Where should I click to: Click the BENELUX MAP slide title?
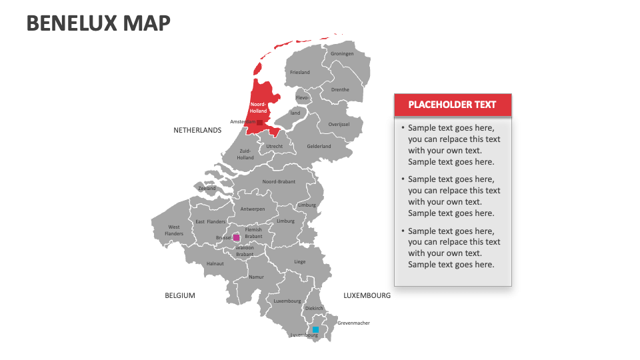pyautogui.click(x=99, y=23)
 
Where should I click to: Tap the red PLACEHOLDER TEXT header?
pyautogui.click(x=452, y=105)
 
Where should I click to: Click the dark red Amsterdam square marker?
pyautogui.click(x=259, y=123)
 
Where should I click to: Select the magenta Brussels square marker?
pyautogui.click(x=236, y=237)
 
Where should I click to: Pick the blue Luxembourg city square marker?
pyautogui.click(x=315, y=329)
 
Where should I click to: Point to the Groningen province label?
pyautogui.click(x=341, y=54)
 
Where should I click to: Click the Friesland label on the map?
pyautogui.click(x=300, y=72)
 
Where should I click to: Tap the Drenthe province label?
pyautogui.click(x=340, y=89)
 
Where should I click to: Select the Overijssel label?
pyautogui.click(x=339, y=124)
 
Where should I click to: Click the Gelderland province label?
pyautogui.click(x=319, y=146)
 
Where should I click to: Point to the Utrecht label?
pyautogui.click(x=275, y=146)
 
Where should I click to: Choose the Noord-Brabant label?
pyautogui.click(x=279, y=181)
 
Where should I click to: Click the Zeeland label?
pyautogui.click(x=207, y=188)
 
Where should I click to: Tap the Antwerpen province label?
pyautogui.click(x=253, y=209)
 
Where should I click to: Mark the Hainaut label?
pyautogui.click(x=215, y=263)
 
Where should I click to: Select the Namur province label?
pyautogui.click(x=256, y=277)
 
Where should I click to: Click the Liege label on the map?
pyautogui.click(x=300, y=261)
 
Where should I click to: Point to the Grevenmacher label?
pyautogui.click(x=353, y=323)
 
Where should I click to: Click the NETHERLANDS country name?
pyautogui.click(x=197, y=130)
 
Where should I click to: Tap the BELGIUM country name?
pyautogui.click(x=180, y=295)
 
